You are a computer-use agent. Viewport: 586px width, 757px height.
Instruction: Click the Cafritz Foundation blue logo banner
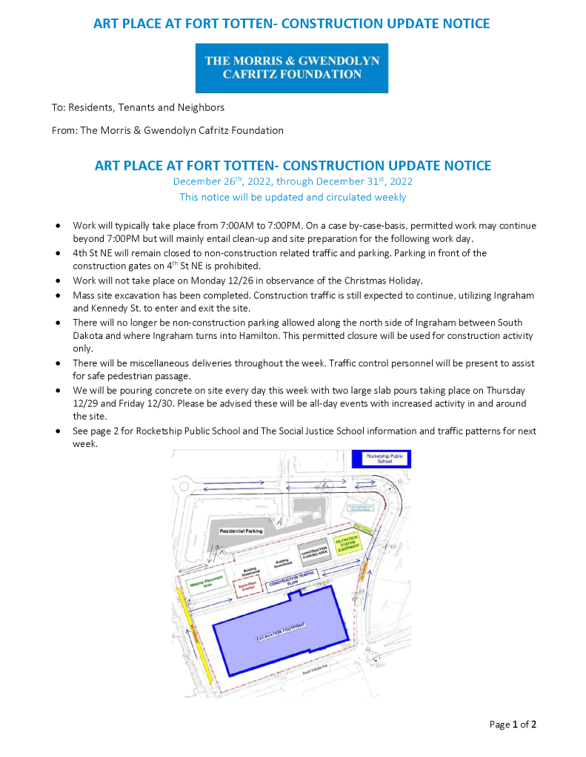point(292,68)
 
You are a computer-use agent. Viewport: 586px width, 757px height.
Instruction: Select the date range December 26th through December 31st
point(293,181)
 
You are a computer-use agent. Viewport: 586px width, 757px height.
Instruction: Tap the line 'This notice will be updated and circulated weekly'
point(293,198)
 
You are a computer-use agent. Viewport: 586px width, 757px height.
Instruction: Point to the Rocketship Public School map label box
point(382,460)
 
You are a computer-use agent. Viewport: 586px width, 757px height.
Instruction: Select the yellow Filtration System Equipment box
point(346,545)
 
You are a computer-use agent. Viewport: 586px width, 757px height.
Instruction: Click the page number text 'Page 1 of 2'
point(513,724)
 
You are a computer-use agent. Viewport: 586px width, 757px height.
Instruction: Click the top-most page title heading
point(292,24)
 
